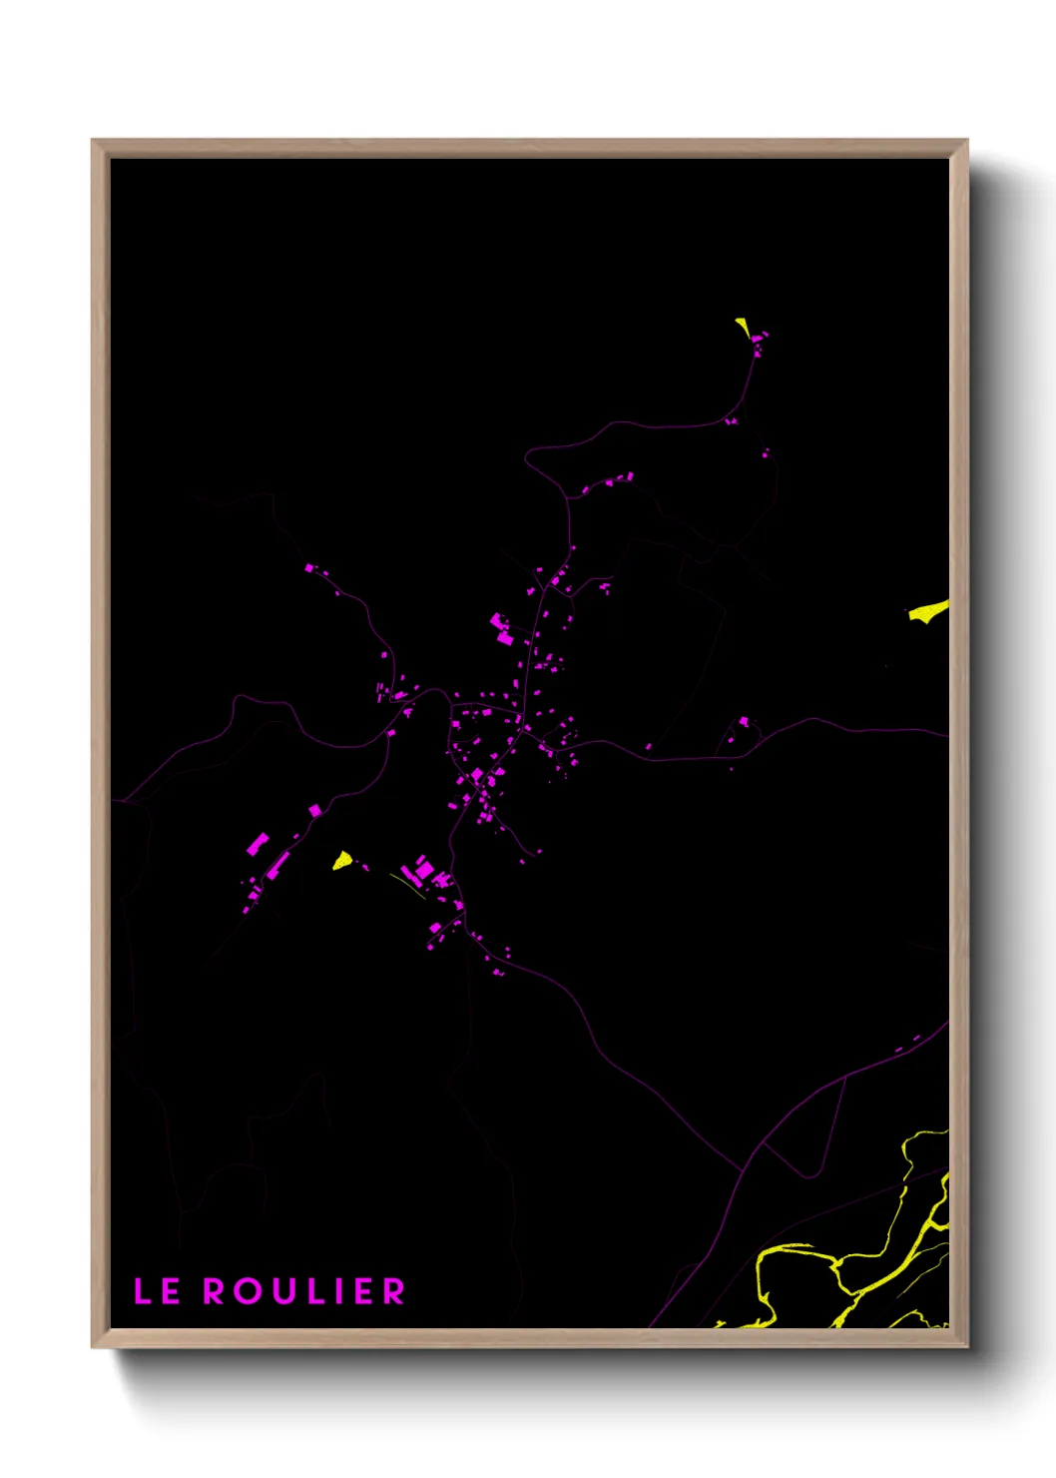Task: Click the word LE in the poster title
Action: [x=157, y=1291]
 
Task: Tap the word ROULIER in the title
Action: [x=304, y=1291]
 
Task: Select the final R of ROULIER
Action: [x=394, y=1291]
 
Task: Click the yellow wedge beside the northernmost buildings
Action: [x=743, y=327]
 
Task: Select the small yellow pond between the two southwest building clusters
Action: [x=342, y=859]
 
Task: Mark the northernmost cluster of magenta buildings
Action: [x=758, y=343]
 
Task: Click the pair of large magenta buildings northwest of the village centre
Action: [x=501, y=629]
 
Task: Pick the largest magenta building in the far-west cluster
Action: [x=258, y=845]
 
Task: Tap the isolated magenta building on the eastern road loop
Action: [x=743, y=721]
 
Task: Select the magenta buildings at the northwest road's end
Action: [x=310, y=568]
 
